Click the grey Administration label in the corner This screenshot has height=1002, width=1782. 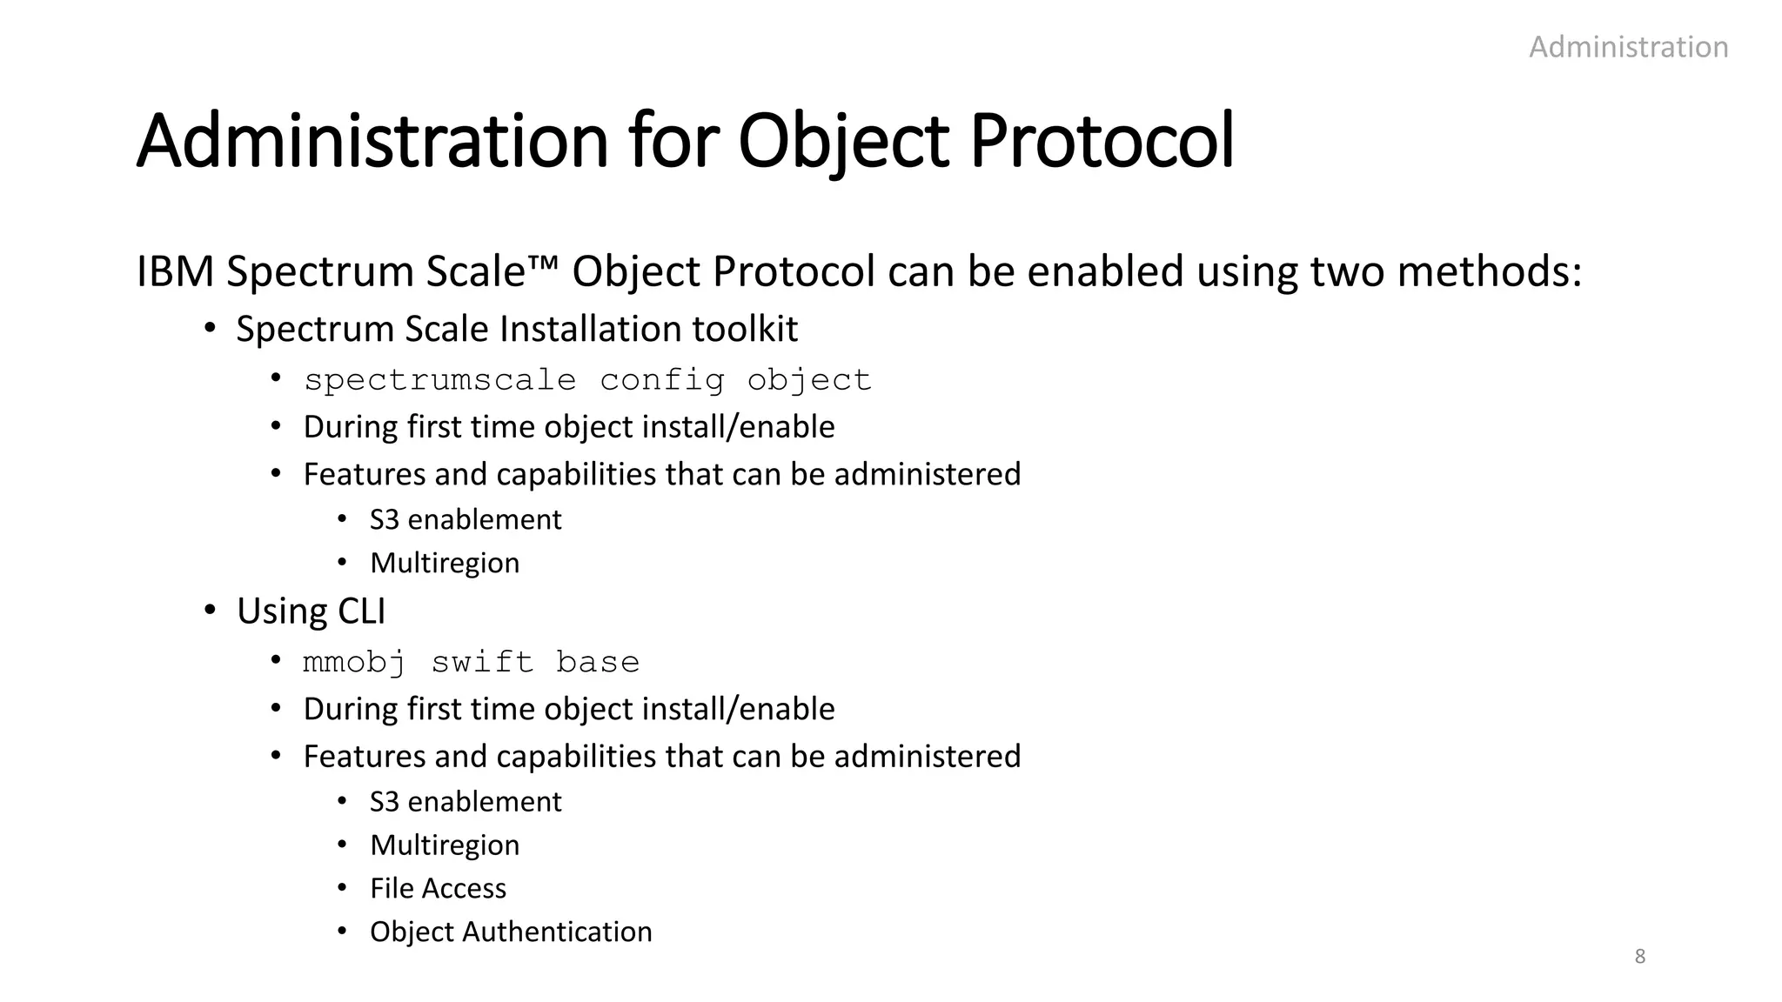[1628, 47]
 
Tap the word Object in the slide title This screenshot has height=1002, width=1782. [843, 141]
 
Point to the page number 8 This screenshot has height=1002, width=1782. [1640, 957]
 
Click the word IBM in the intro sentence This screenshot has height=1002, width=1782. [175, 271]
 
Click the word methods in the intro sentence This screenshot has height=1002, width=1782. [1490, 271]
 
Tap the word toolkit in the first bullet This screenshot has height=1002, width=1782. [745, 330]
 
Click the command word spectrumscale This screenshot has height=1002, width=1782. [439, 380]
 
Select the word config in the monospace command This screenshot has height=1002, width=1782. [661, 380]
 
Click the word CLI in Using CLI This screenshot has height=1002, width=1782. [361, 611]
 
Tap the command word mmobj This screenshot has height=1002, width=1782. [354, 663]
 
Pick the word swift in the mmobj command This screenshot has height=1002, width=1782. [482, 663]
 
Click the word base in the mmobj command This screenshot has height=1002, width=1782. [598, 663]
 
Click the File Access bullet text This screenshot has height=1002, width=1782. [438, 889]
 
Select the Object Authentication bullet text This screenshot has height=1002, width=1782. [511, 932]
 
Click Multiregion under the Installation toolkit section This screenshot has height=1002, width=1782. [445, 564]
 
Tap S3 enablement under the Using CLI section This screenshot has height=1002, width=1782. [466, 802]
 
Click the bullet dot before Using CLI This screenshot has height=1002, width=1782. [210, 611]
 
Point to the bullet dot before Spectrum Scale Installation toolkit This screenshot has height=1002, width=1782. [210, 329]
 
